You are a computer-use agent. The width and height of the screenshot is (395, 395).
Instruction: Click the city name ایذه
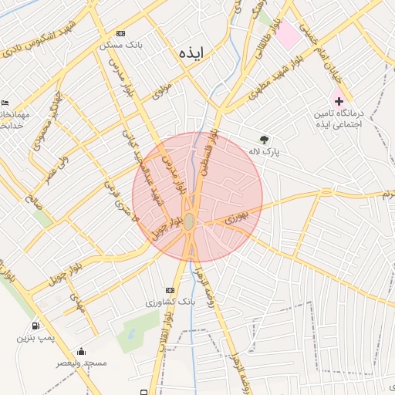click(189, 53)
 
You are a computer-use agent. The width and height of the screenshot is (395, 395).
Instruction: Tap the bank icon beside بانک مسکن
click(120, 34)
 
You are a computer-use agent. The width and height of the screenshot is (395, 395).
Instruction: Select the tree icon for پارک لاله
click(265, 140)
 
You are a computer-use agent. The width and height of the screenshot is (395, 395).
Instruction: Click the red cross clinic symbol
click(339, 101)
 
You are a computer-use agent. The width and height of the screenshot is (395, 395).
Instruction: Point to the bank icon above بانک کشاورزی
click(170, 290)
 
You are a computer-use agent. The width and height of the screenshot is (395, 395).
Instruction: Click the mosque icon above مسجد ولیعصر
click(81, 352)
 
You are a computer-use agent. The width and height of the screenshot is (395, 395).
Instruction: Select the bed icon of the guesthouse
click(5, 103)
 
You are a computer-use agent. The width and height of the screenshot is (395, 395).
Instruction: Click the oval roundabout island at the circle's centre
click(189, 222)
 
